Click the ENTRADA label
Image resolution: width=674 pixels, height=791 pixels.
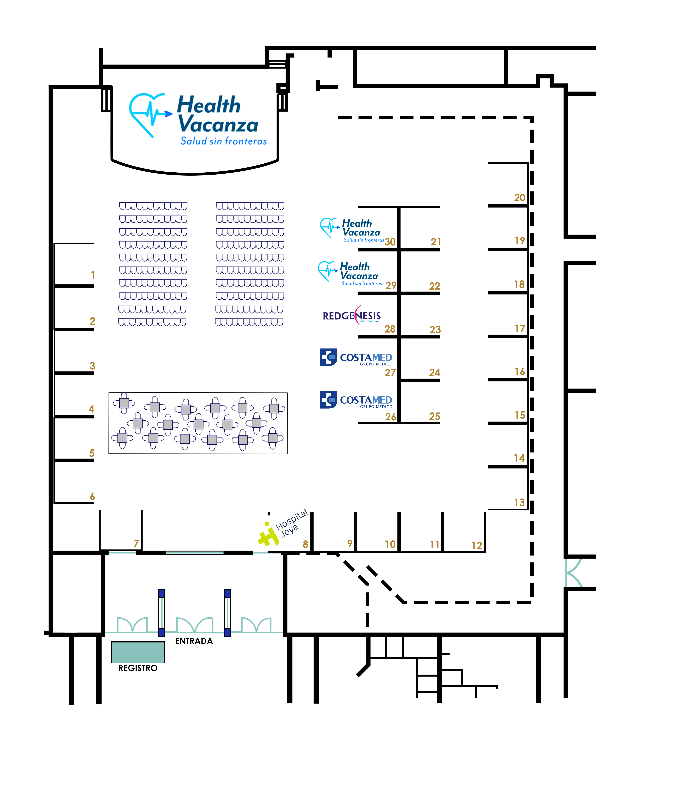194,641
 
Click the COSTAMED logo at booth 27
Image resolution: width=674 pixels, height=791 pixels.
356,358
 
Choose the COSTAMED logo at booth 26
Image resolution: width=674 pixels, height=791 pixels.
356,400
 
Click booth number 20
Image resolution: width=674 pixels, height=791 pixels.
519,198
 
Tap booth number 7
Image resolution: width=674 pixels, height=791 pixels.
136,543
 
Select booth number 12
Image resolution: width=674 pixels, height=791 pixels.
477,545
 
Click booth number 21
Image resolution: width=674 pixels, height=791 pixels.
436,242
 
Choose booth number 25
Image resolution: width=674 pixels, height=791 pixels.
435,416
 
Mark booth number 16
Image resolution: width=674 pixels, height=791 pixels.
519,371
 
